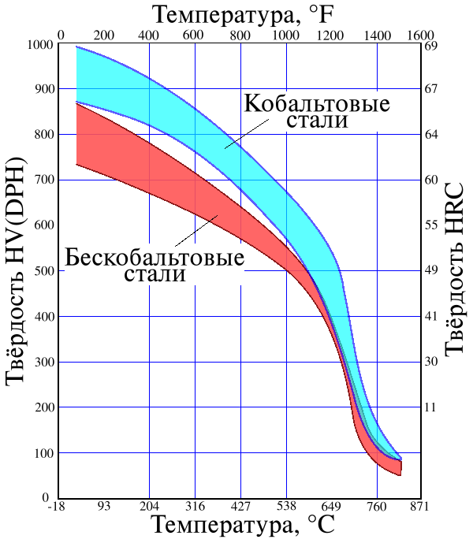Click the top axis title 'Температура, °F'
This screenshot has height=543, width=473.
tap(244, 15)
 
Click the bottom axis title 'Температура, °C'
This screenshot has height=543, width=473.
tap(244, 525)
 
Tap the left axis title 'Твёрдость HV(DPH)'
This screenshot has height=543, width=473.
tap(16, 271)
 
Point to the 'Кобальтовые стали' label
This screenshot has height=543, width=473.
tap(317, 111)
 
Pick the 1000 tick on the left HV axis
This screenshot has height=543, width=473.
tap(40, 45)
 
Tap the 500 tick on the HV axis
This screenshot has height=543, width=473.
tap(44, 271)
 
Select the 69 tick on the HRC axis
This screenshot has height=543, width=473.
tap(431, 46)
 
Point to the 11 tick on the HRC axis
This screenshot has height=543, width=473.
tap(431, 407)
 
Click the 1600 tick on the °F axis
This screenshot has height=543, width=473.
tap(421, 35)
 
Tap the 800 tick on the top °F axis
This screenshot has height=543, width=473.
tap(240, 35)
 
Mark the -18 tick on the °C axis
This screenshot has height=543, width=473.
tap(56, 506)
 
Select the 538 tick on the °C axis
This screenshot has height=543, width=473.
tap(287, 506)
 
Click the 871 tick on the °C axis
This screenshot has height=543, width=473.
tap(419, 506)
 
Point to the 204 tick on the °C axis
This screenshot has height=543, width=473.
tap(149, 506)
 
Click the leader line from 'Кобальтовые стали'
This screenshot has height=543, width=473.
tap(247, 134)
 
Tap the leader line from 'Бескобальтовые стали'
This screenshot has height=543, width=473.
tap(196, 231)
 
